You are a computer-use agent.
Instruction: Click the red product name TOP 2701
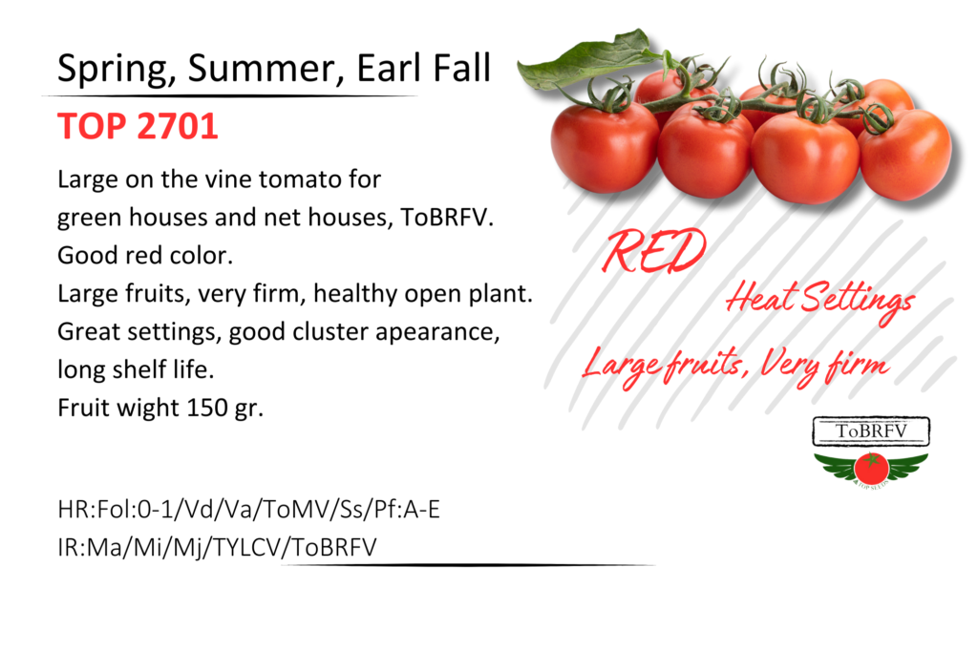(138, 127)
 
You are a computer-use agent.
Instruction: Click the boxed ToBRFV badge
(871, 430)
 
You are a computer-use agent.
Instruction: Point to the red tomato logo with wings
(871, 469)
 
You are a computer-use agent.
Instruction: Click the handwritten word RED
(653, 251)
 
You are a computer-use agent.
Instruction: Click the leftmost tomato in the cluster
(604, 147)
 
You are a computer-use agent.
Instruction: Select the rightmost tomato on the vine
(905, 155)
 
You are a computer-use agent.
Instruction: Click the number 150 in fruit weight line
(207, 408)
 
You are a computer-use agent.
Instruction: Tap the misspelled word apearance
(437, 333)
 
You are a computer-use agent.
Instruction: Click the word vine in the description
(229, 179)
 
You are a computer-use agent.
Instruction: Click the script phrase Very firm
(824, 366)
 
